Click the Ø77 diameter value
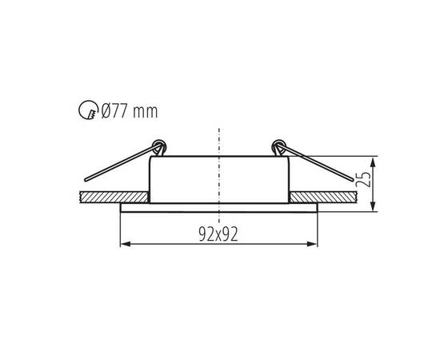coord(114,110)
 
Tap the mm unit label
coord(146,112)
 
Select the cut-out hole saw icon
coord(88,110)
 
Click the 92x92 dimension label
coord(218,234)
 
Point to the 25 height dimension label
coord(363,179)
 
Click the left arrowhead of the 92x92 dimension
coord(125,244)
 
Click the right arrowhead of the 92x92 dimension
coord(312,244)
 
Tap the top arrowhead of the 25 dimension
coord(373,162)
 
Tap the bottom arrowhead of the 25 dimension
coord(373,206)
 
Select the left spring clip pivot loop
coord(159,147)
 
